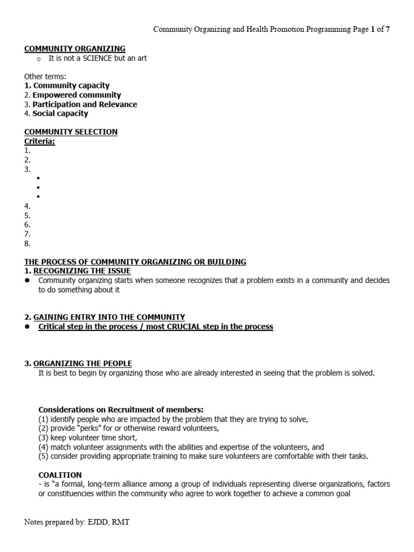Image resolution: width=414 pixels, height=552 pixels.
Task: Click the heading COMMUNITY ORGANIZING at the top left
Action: (x=74, y=49)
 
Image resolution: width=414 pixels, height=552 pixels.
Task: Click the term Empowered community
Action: (x=77, y=95)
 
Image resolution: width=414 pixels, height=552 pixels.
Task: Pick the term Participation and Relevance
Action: (x=85, y=104)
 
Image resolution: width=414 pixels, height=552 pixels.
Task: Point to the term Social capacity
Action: (x=60, y=113)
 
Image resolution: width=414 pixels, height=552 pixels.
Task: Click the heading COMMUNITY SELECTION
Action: (x=71, y=132)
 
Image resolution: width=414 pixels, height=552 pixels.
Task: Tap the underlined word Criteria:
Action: (x=39, y=141)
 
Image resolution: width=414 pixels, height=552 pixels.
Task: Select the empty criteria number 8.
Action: (x=27, y=243)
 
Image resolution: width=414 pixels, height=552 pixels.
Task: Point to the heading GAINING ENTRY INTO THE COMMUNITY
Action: (x=109, y=317)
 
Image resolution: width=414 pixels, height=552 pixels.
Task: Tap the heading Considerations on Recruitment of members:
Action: (x=121, y=410)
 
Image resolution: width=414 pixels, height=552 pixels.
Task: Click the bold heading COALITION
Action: (x=60, y=475)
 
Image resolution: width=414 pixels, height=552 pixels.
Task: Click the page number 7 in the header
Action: (x=387, y=30)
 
